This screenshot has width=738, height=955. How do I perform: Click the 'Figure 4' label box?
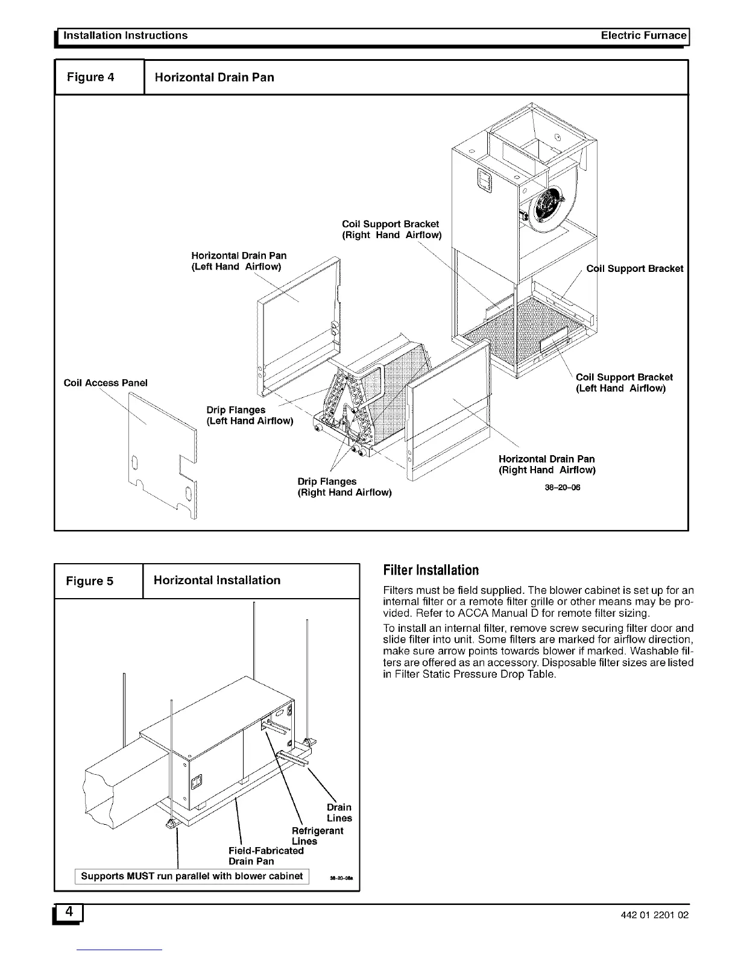coord(99,77)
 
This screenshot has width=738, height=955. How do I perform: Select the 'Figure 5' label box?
coord(98,581)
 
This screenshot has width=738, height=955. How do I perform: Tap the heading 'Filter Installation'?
coord(431,570)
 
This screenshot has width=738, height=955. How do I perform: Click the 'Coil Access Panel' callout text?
coord(106,383)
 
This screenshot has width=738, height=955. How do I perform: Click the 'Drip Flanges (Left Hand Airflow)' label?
coord(250,415)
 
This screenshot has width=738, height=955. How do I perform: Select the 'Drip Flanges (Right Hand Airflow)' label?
coord(344,487)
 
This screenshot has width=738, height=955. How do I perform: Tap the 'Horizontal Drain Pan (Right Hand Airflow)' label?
coord(546,464)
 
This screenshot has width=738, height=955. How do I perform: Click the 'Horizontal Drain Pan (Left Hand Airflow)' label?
coord(239,261)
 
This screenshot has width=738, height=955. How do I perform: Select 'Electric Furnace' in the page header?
coord(643,36)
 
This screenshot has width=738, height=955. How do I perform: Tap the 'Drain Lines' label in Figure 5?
coord(339,813)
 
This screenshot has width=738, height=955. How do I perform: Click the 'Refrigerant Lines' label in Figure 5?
coord(317,836)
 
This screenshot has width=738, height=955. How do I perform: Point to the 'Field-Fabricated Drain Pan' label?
coord(266,856)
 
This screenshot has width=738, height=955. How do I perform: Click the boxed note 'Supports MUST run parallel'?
coord(192,876)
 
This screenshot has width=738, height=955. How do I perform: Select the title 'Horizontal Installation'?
coord(217,581)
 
